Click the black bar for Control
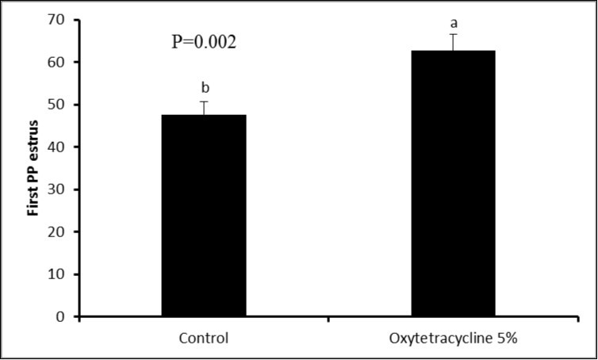tap(204, 216)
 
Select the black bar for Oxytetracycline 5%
tap(453, 184)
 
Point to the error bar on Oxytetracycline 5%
tap(453, 42)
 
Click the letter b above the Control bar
tap(205, 88)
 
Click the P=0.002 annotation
tap(204, 43)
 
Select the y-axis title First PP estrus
tap(34, 168)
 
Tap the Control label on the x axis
tap(204, 338)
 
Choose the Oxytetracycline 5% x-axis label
tap(453, 338)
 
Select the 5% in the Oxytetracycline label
tap(505, 338)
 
